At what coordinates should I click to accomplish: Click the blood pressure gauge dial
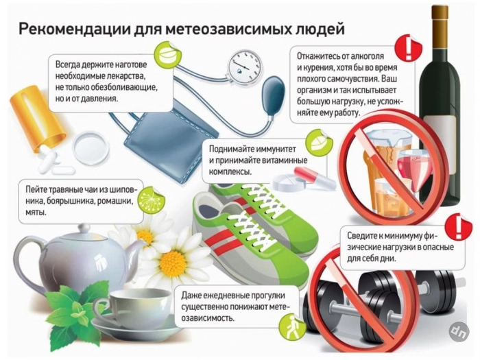click(245, 65)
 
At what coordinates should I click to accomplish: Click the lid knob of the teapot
click(84, 229)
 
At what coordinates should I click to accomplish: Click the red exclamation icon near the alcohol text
click(409, 48)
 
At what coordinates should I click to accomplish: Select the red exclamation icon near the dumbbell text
click(459, 226)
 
